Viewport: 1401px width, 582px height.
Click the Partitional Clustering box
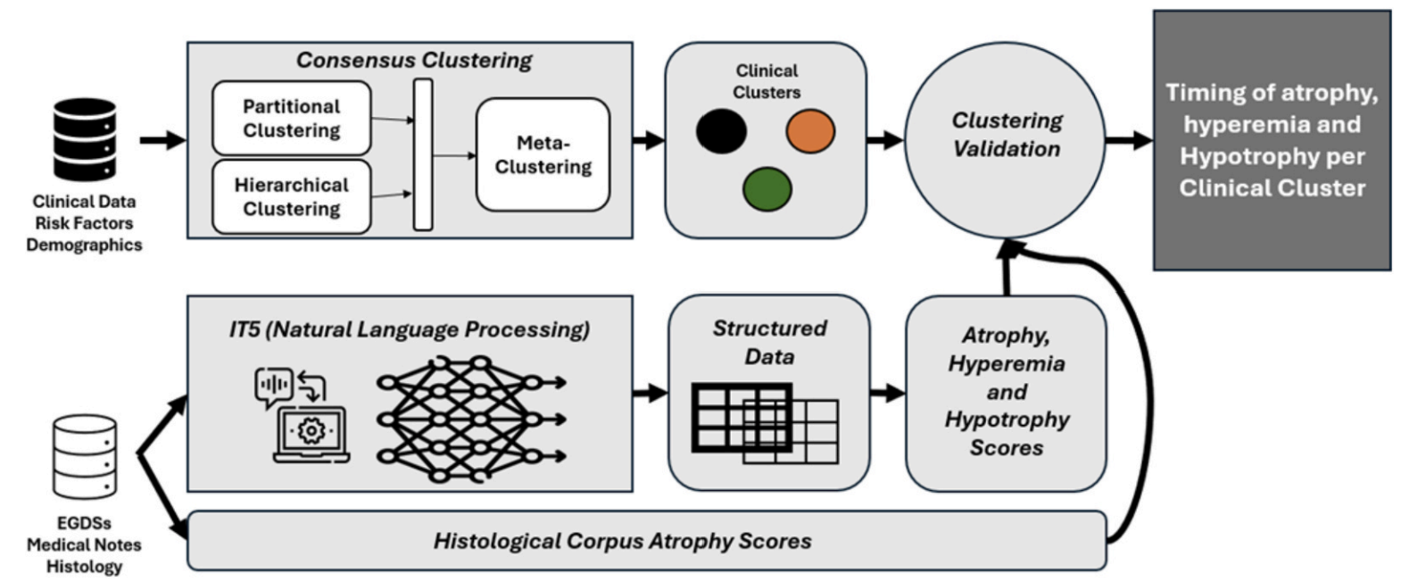coord(292,119)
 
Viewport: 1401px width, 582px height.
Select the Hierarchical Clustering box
coord(292,196)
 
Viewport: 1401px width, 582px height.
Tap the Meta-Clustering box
coord(543,154)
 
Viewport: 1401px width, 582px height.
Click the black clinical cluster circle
coord(721,131)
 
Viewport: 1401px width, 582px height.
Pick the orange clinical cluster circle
coord(810,131)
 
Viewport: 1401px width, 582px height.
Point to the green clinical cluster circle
coord(767,189)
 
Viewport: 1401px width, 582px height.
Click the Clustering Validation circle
coord(1006,139)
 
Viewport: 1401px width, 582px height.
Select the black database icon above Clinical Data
coord(85,139)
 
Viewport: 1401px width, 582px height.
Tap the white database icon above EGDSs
coord(85,457)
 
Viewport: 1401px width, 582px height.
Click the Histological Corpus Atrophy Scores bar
coord(647,541)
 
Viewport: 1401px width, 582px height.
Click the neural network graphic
coord(471,420)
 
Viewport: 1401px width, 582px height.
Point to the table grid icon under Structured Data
coord(765,424)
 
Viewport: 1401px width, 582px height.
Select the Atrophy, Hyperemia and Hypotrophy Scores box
coord(1007,393)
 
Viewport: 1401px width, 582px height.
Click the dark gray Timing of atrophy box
coord(1273,140)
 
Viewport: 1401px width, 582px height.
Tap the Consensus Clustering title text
coord(413,60)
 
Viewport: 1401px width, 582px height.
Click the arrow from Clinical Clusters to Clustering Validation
coord(885,139)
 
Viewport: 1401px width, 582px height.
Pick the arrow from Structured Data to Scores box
coord(888,393)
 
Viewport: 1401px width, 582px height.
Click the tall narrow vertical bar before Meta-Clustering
coord(423,154)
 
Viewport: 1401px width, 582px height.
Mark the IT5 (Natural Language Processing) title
coord(410,329)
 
